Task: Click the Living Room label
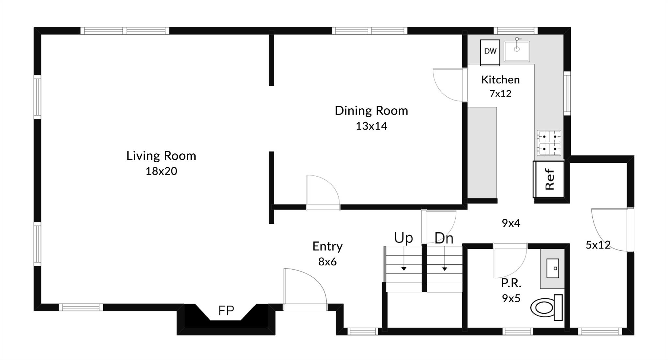pos(161,156)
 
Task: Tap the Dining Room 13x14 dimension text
pos(371,126)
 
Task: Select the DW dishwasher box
pos(490,53)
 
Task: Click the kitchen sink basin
pos(517,51)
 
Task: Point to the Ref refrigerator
pos(549,179)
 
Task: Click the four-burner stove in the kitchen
pos(549,143)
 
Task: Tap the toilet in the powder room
pos(547,307)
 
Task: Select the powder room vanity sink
pos(553,268)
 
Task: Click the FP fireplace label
pos(226,311)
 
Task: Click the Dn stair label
pos(444,238)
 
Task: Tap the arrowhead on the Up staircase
pos(404,269)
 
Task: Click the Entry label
pos(327,246)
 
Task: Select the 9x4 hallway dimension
pos(511,223)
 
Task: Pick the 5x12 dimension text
pos(598,245)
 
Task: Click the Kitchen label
pos(500,80)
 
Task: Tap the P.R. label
pos(511,283)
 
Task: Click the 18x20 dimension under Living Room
pos(161,171)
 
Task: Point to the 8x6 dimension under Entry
pos(327,262)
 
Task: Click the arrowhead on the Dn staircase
pos(445,269)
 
